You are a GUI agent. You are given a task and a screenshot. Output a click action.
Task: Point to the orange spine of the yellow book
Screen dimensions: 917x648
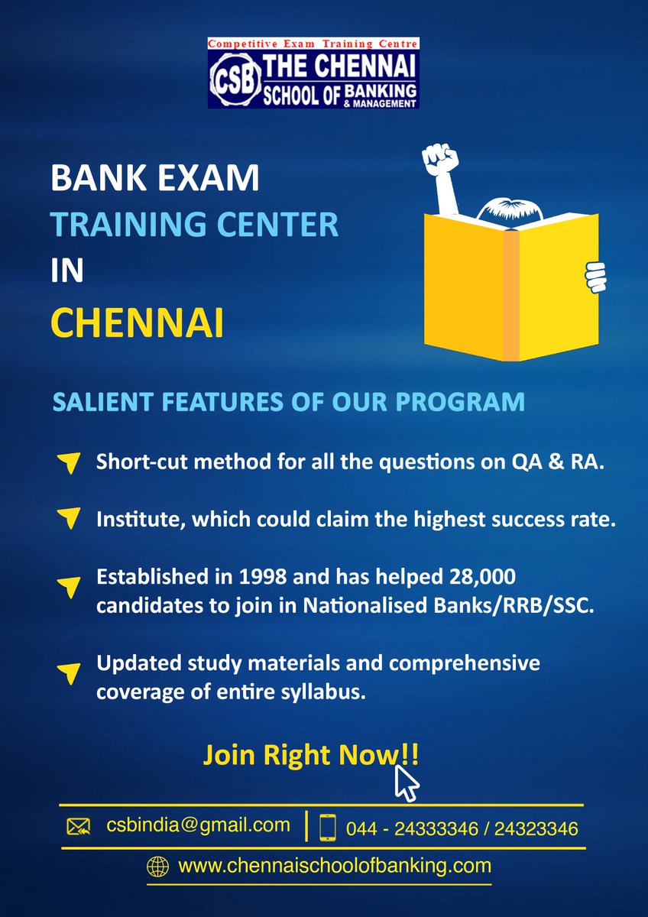pos(511,295)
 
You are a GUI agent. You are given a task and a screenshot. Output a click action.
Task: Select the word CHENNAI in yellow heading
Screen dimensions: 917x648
pos(137,322)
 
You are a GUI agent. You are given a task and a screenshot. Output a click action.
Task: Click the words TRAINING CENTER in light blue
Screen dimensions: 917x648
pos(194,225)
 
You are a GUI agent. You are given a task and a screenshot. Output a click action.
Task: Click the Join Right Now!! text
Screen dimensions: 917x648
pos(310,755)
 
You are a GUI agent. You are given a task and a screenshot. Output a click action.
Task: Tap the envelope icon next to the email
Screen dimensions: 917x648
pos(78,826)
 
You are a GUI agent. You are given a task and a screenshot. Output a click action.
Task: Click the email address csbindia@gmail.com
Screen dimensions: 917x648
pos(198,825)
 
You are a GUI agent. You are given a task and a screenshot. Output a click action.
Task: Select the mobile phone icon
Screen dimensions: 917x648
pos(328,828)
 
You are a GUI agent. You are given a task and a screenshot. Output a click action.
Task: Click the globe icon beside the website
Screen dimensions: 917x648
pos(158,867)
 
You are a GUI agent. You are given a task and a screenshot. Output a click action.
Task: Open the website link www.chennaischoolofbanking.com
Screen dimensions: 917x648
pos(334,867)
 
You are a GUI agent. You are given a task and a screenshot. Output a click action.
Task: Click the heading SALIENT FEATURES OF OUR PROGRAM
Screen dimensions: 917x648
pos(288,402)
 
